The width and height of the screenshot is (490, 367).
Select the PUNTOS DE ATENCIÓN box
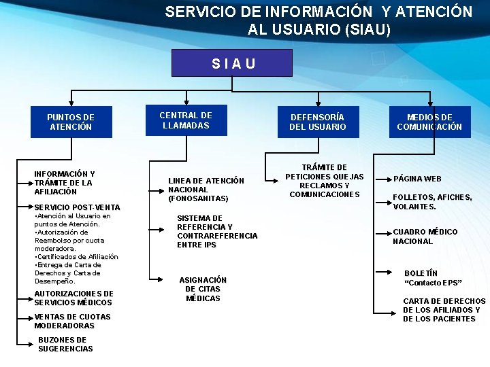[71, 122]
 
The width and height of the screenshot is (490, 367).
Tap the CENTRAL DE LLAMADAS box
[186, 120]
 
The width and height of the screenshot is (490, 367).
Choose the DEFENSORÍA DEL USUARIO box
[317, 122]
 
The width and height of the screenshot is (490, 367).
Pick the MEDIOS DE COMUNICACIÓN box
[429, 122]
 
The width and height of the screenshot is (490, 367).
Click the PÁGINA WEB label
[417, 179]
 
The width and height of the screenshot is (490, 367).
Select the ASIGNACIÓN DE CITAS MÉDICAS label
[203, 289]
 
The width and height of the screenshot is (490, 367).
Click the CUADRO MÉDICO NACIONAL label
[425, 237]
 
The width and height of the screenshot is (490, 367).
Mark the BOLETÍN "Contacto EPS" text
[433, 278]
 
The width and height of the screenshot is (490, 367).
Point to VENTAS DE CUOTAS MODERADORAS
[72, 321]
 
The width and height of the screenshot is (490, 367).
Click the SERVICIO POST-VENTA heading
[77, 207]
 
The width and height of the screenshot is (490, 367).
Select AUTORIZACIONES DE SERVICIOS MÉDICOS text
[73, 298]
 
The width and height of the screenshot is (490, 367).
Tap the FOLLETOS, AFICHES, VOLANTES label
[431, 202]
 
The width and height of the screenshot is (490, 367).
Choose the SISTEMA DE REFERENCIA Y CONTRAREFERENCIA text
[216, 231]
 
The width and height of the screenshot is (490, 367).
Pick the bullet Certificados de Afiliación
[76, 257]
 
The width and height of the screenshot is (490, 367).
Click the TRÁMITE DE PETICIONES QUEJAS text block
[324, 181]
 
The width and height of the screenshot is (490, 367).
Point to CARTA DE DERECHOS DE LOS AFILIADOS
[444, 309]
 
